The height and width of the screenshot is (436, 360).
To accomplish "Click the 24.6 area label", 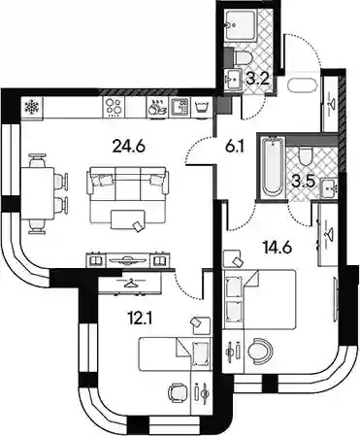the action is [x=128, y=147].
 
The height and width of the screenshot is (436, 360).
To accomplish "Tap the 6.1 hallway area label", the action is [x=235, y=147].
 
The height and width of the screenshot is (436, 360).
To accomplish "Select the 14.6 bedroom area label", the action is [x=278, y=248].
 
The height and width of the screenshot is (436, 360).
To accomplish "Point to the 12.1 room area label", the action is [x=140, y=319].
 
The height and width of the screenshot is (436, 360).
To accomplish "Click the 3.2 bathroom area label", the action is [x=257, y=79].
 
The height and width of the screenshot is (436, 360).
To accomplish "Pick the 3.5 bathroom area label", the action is [x=303, y=182].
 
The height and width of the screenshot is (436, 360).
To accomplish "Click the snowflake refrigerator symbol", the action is [x=32, y=107].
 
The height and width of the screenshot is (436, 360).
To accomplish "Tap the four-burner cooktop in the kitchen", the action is [x=115, y=107].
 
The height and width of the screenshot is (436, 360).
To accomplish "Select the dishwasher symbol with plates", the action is [x=157, y=107].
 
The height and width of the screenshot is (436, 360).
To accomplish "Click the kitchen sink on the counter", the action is [x=180, y=107].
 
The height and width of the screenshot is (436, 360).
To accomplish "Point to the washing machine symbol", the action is [x=202, y=107].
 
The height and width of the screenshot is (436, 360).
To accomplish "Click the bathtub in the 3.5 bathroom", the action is [x=272, y=166].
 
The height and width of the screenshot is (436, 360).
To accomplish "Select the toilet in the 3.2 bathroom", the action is [x=243, y=57].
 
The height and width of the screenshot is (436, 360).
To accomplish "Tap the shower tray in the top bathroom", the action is [x=241, y=26].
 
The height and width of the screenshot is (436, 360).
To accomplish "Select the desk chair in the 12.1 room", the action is [x=178, y=392].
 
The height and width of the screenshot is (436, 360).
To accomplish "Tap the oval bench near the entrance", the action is [x=301, y=85].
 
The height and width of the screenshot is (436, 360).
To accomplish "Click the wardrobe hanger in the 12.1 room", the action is [x=132, y=284].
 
